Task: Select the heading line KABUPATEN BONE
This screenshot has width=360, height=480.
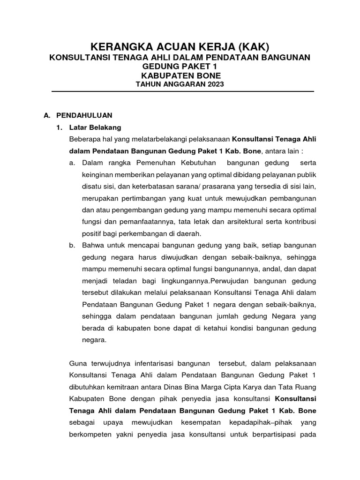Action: point(180,75)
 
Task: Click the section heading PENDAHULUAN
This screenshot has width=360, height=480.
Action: point(84,115)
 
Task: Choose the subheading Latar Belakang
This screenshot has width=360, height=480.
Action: point(95,127)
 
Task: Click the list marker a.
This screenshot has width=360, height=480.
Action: point(72,163)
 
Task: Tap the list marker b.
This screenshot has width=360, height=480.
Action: point(72,245)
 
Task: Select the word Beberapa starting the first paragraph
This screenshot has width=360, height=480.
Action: point(85,139)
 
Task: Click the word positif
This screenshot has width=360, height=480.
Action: point(92,233)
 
